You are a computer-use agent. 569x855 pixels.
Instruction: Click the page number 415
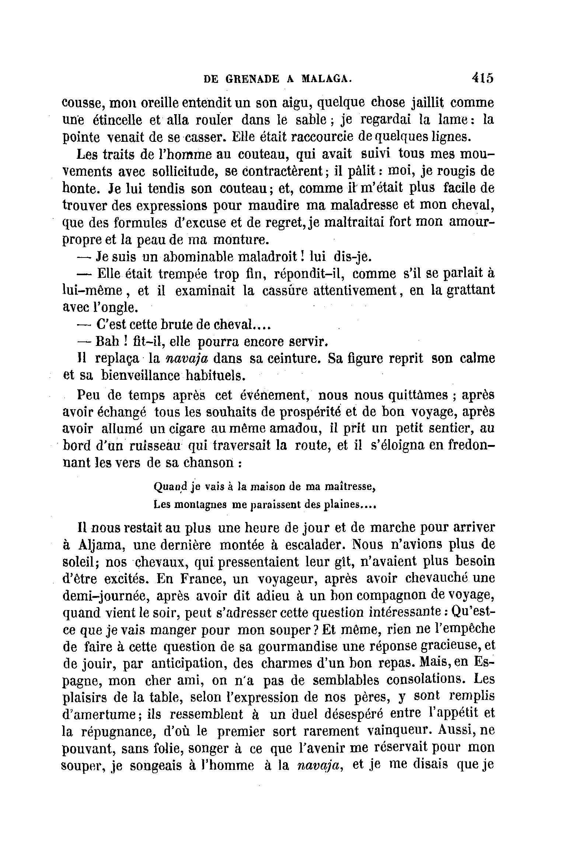(x=482, y=78)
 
